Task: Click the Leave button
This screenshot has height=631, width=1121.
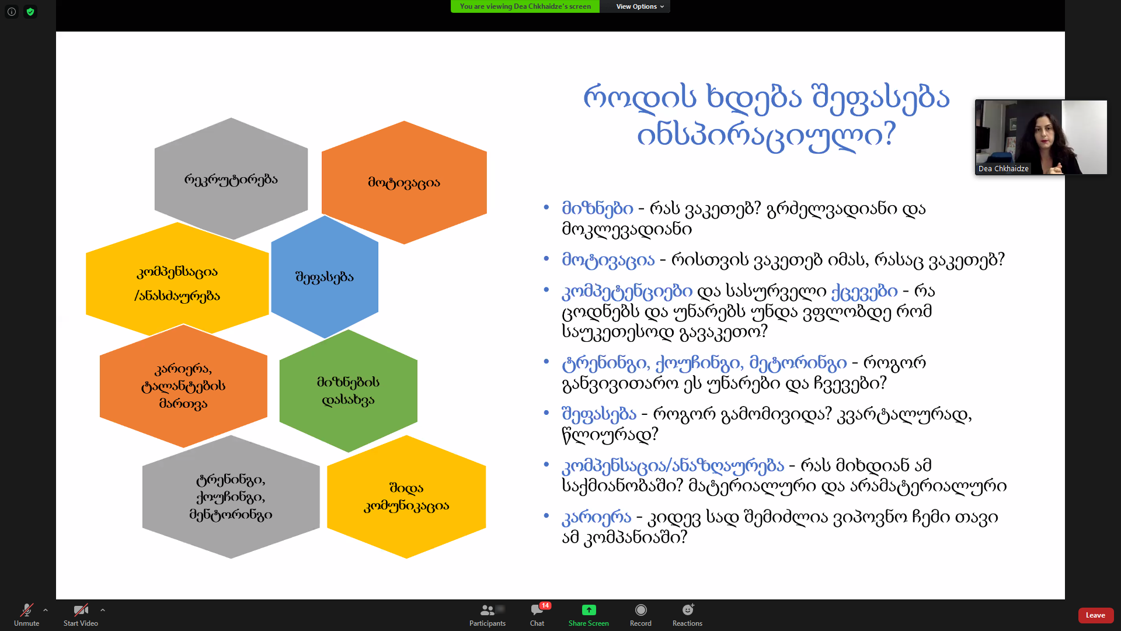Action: tap(1095, 615)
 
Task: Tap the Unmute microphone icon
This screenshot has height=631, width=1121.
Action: tap(27, 610)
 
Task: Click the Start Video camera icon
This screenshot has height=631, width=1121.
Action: tap(81, 610)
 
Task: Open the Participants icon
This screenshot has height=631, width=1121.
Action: tap(487, 610)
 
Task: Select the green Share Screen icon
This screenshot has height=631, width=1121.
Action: tap(589, 610)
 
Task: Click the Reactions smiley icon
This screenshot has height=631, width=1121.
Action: tap(688, 610)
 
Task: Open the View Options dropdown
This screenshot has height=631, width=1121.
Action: tap(640, 6)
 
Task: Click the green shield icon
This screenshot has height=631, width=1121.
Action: tap(30, 12)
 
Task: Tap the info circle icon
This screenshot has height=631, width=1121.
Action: tap(12, 12)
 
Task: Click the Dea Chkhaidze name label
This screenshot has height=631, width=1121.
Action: tap(1003, 169)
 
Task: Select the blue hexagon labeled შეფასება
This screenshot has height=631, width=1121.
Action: tap(325, 277)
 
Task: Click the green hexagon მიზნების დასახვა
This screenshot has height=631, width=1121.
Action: tap(349, 391)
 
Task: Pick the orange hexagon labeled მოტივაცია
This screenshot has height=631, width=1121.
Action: tap(404, 182)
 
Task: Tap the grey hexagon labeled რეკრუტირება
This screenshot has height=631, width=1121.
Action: tap(231, 179)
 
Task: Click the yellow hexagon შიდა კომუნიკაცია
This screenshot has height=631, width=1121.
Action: tap(406, 497)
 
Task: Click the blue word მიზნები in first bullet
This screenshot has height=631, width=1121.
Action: tap(597, 209)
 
